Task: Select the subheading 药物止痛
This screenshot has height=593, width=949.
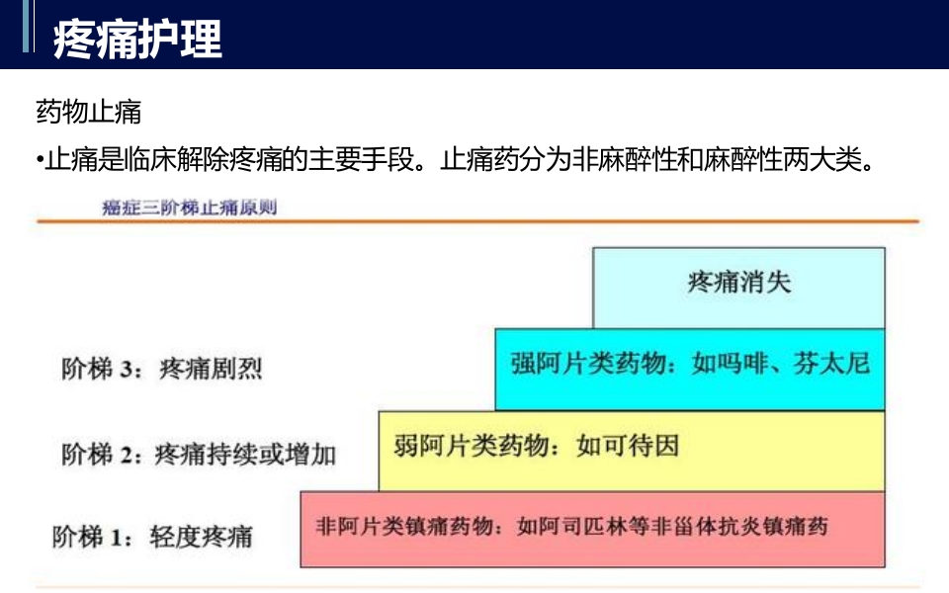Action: click(88, 111)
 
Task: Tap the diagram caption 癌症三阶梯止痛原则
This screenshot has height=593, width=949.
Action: click(189, 209)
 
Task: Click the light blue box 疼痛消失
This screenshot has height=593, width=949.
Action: click(738, 283)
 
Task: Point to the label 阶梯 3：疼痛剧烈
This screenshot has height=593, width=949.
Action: click(162, 370)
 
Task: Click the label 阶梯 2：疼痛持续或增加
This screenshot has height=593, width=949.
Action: click(198, 454)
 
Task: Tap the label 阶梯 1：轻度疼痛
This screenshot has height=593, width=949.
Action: click(152, 537)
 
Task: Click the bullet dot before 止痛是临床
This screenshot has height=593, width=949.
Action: click(39, 160)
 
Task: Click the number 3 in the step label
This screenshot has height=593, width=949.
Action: click(125, 371)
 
